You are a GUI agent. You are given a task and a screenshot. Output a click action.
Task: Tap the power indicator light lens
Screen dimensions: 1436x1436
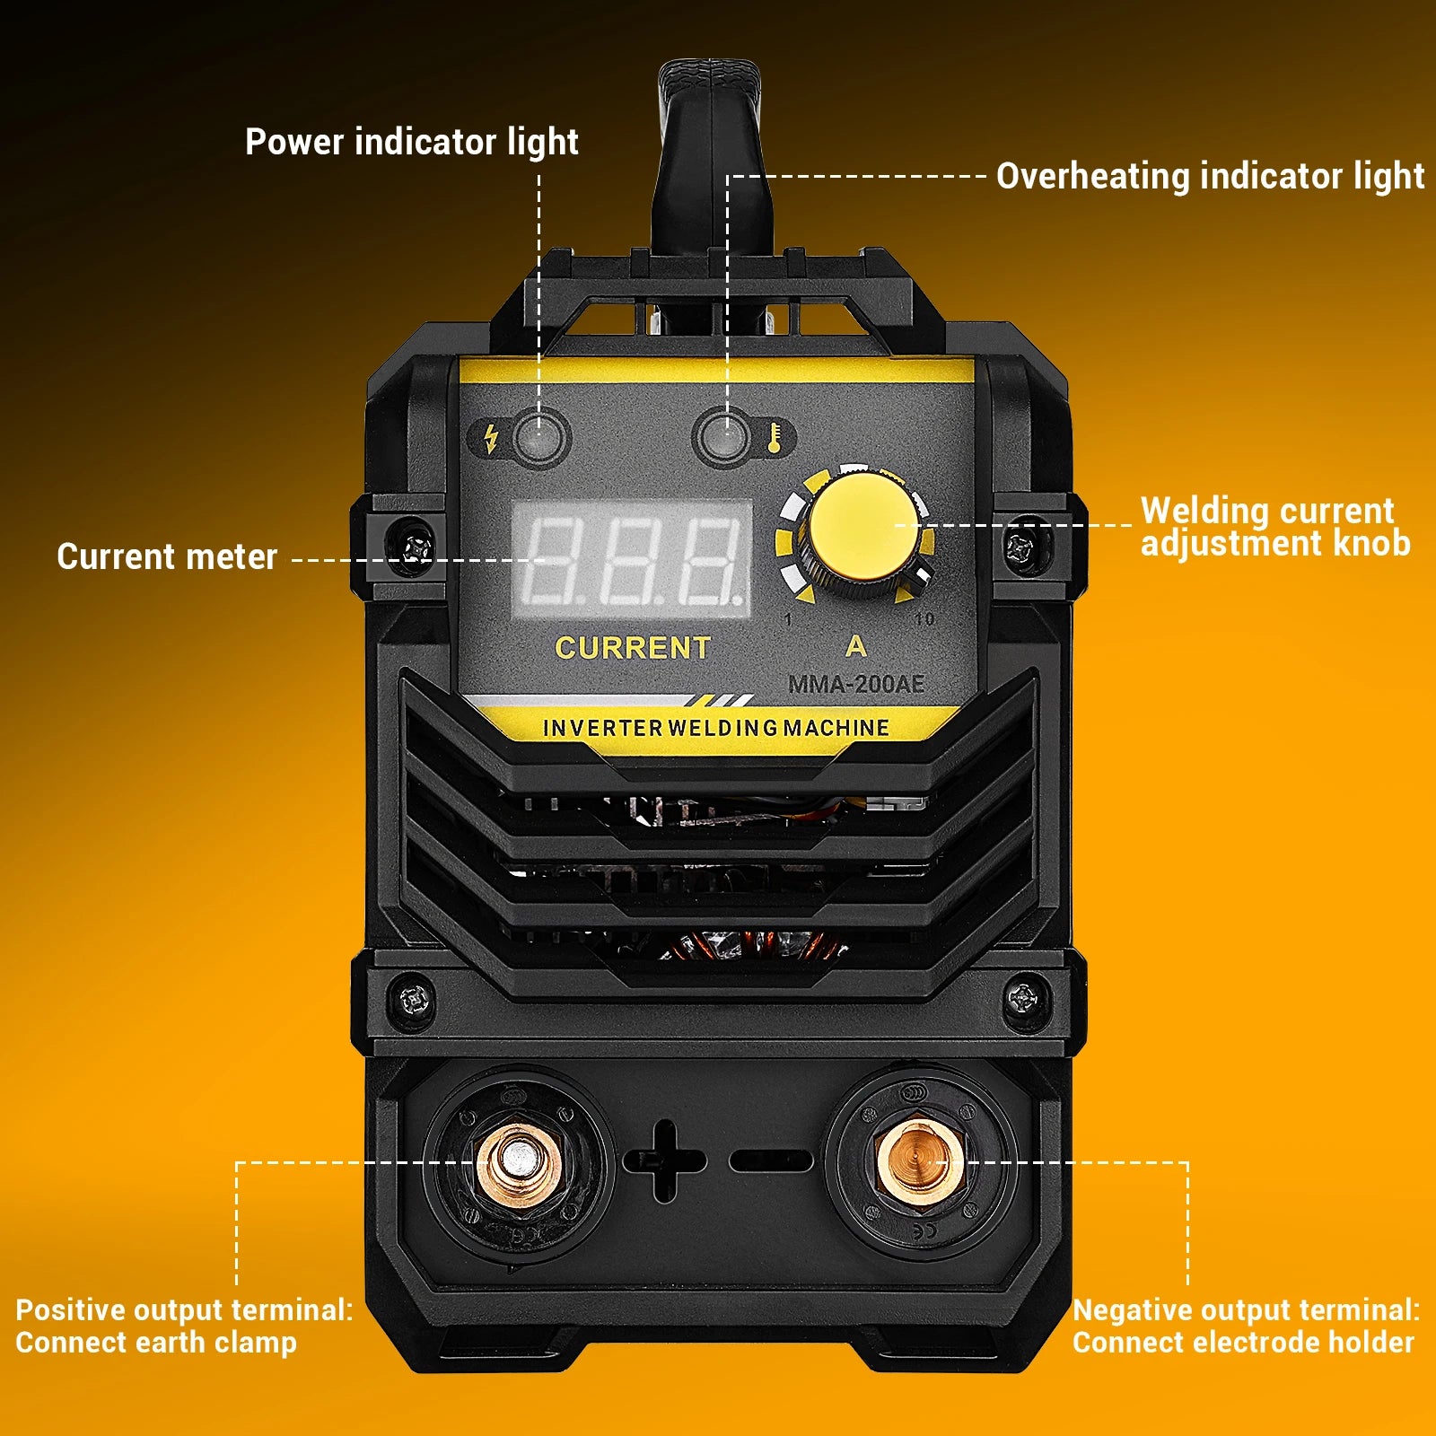(x=539, y=437)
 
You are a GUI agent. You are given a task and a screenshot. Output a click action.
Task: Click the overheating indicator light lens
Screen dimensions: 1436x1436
(x=722, y=437)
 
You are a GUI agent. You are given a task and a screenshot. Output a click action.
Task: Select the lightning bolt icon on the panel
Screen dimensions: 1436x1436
(x=490, y=438)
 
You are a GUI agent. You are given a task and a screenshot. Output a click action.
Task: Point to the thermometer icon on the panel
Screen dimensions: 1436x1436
(x=774, y=437)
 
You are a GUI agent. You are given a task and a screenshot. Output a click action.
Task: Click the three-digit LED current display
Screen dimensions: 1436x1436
(x=632, y=559)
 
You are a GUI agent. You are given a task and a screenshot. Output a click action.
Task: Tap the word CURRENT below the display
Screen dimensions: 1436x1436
(x=632, y=648)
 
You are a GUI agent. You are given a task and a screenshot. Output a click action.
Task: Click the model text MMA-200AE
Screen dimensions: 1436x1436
(x=855, y=685)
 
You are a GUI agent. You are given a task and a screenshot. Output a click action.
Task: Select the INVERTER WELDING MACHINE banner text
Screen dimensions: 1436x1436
(x=715, y=728)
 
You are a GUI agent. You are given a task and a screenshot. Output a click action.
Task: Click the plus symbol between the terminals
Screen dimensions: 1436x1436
(x=664, y=1160)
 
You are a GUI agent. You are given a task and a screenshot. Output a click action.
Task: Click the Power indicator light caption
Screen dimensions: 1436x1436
(x=411, y=142)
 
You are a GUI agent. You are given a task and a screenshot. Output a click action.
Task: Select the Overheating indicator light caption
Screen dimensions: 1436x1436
(x=1209, y=176)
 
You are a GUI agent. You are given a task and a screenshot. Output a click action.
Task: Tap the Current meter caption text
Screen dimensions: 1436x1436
(x=167, y=556)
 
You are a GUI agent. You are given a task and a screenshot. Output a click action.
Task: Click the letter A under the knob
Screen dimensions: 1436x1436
(x=855, y=646)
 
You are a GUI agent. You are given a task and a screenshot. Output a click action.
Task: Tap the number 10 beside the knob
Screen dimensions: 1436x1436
(x=924, y=619)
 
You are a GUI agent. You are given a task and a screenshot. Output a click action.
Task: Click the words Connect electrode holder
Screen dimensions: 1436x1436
(x=1243, y=1343)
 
